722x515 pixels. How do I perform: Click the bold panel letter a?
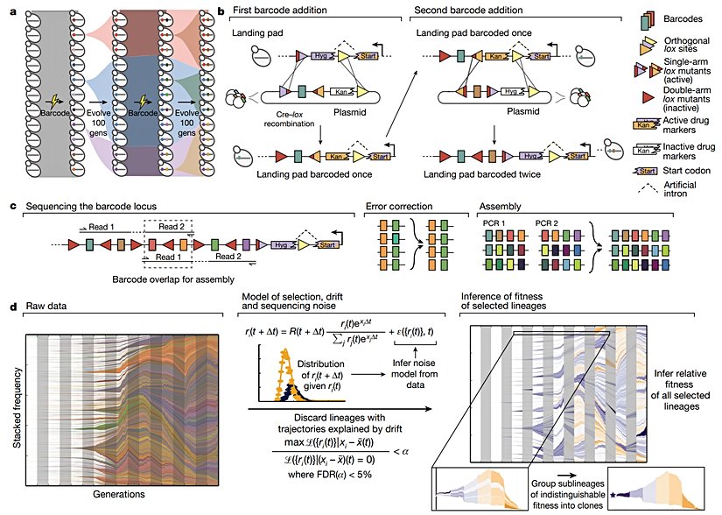point(11,10)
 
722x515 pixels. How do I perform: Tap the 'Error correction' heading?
point(398,208)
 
